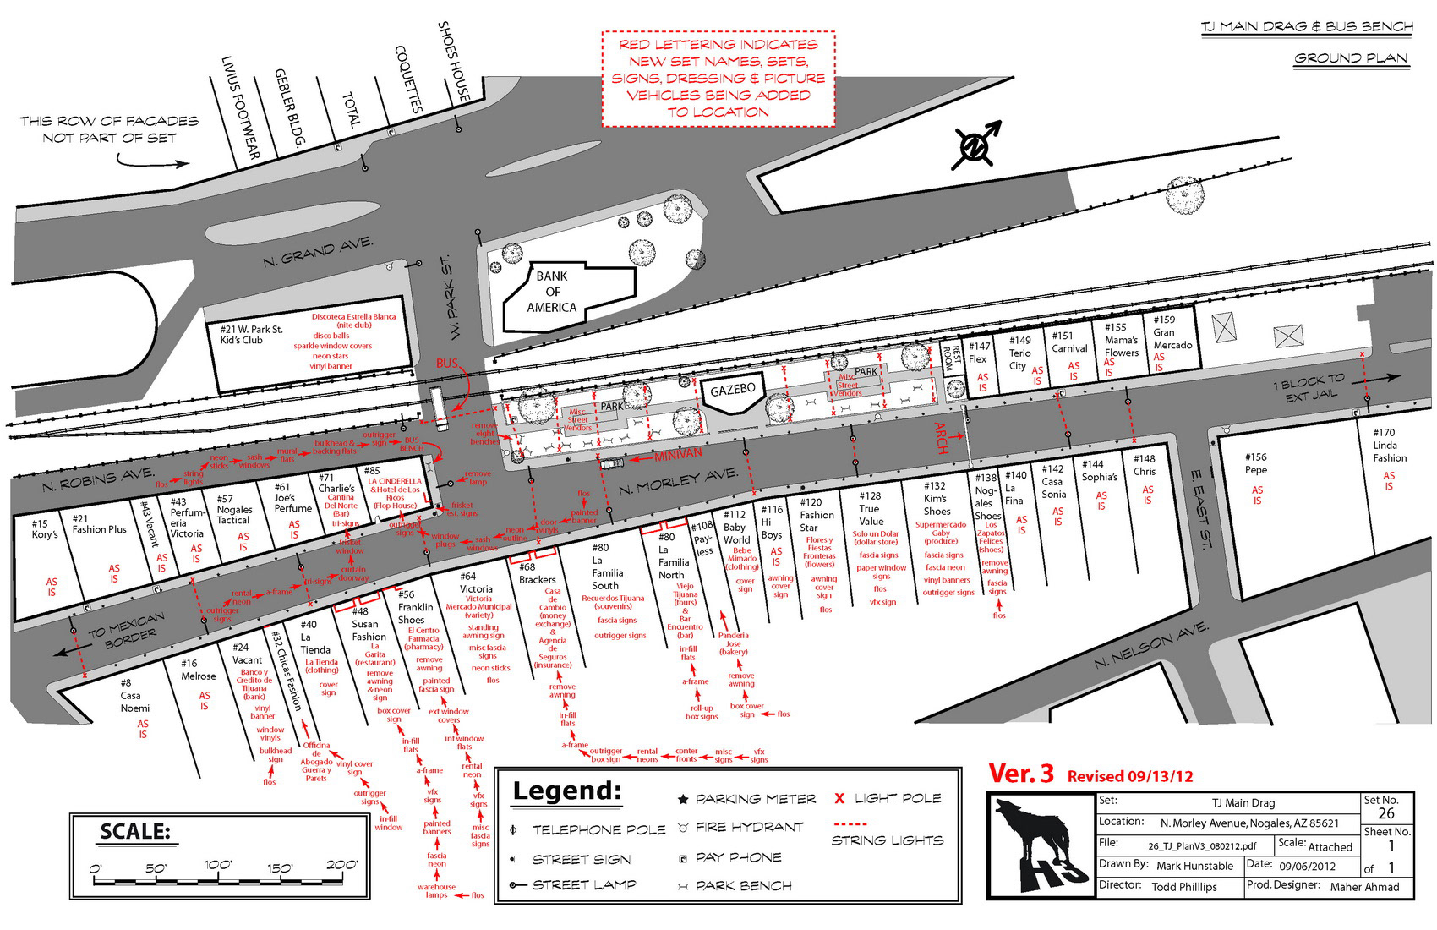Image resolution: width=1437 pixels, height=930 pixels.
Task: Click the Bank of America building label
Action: point(552,292)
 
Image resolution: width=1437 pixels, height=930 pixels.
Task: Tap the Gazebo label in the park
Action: point(732,391)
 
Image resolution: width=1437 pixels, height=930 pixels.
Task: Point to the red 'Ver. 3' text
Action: point(1021,774)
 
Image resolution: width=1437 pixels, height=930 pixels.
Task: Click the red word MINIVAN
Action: point(678,454)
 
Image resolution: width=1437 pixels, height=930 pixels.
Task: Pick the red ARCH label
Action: point(942,438)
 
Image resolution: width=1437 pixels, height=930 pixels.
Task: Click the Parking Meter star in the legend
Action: point(682,799)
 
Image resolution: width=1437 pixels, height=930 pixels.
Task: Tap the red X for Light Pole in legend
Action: point(839,798)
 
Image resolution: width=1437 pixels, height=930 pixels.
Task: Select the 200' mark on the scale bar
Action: point(341,865)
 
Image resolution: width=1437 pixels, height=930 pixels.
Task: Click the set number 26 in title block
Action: point(1386,813)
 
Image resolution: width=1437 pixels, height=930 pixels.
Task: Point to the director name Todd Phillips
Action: point(1184,887)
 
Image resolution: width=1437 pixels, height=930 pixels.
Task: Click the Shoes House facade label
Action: point(454,63)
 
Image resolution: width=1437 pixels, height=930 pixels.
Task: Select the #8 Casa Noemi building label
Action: point(134,696)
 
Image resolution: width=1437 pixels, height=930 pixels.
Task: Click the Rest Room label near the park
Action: point(952,358)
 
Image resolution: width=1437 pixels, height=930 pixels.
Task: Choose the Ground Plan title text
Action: point(1350,58)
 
